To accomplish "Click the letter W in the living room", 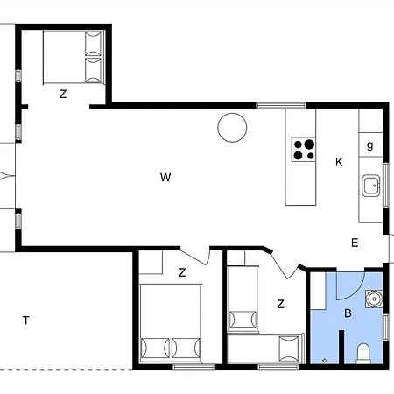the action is click(x=165, y=177).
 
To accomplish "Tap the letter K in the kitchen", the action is click(x=339, y=162).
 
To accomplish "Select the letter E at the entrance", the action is click(x=355, y=243).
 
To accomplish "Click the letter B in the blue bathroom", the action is click(x=348, y=313).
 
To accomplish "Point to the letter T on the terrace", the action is click(x=26, y=320).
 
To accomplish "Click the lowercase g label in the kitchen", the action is click(x=370, y=145).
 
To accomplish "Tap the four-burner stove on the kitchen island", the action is click(x=304, y=150).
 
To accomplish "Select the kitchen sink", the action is click(x=371, y=186).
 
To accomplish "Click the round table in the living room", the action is click(x=232, y=128).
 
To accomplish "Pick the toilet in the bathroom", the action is click(x=363, y=354).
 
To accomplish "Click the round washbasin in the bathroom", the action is click(x=374, y=299).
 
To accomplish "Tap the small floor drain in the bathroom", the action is click(x=325, y=361).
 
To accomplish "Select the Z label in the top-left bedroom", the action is click(x=63, y=94).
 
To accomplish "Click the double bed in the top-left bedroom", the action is click(x=74, y=57).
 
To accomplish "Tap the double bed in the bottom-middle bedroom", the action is click(x=171, y=323).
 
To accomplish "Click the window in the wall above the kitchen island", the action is click(x=281, y=105).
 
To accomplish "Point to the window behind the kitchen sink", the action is click(x=386, y=185).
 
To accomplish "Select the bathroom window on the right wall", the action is click(x=386, y=327).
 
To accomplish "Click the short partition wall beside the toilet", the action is click(x=341, y=347).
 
